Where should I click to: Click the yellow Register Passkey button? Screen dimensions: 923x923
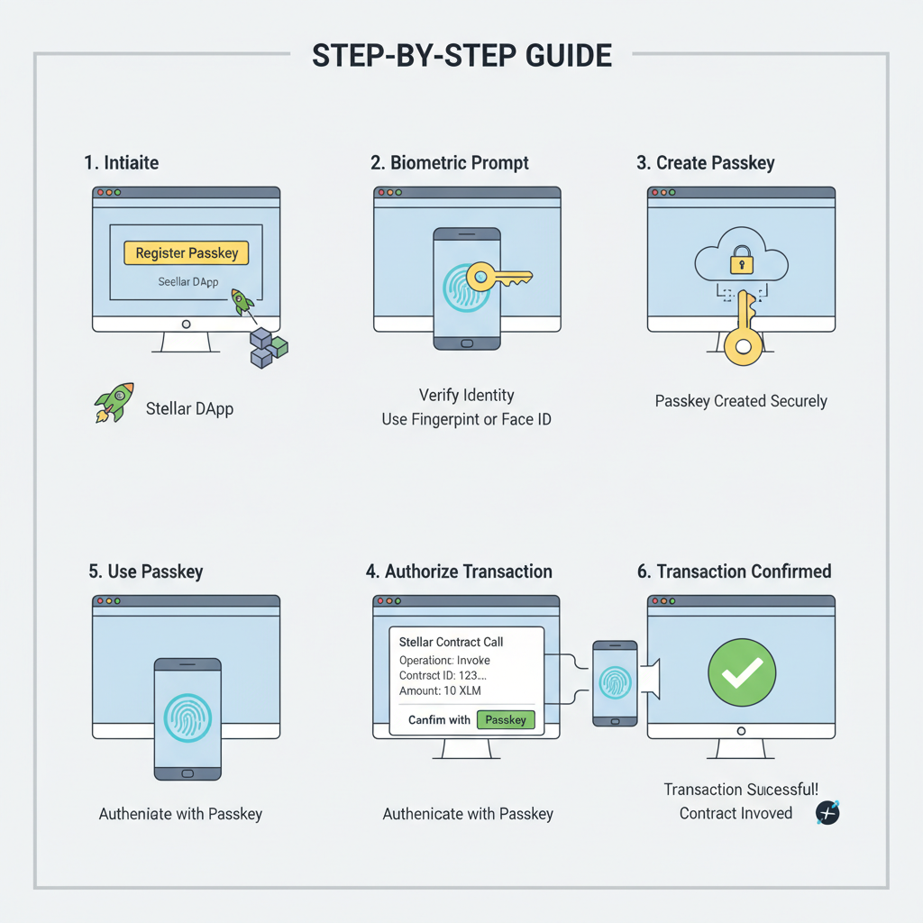(x=186, y=253)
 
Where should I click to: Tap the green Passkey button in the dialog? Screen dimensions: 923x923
(x=505, y=719)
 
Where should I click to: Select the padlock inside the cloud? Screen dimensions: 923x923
(x=741, y=260)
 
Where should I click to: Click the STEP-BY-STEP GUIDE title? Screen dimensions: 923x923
(x=461, y=56)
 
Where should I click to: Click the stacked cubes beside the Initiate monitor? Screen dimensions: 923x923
(x=268, y=347)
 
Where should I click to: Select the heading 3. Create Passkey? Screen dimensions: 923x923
(x=705, y=163)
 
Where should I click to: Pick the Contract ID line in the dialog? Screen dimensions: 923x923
(x=443, y=675)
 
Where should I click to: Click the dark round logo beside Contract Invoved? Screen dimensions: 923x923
(x=827, y=812)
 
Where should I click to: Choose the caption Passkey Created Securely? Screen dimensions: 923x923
(x=741, y=401)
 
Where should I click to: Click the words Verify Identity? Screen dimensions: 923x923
(x=466, y=395)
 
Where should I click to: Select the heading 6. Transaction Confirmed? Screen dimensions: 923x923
(x=734, y=571)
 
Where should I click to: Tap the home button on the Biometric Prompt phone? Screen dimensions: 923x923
(x=466, y=343)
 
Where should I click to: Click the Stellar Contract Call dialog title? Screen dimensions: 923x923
(x=451, y=642)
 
